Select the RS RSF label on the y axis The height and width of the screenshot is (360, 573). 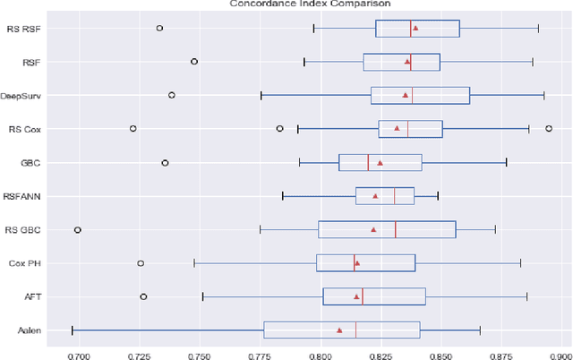point(33,29)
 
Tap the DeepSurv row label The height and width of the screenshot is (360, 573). point(31,95)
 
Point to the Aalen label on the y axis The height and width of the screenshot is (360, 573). point(34,330)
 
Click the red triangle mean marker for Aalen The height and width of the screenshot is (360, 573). point(339,330)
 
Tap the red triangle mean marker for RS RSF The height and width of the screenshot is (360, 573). point(415,28)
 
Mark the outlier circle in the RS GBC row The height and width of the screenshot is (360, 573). point(77,230)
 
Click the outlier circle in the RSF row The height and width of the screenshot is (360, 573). point(194,62)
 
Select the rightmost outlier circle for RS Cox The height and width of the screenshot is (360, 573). point(549,128)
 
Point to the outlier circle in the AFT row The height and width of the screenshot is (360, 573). point(143,296)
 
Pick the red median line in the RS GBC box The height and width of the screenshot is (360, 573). point(395,229)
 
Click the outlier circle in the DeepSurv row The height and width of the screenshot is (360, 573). point(172,95)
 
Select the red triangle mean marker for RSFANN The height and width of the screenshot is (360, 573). point(375,196)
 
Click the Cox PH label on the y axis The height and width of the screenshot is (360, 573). point(33,263)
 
